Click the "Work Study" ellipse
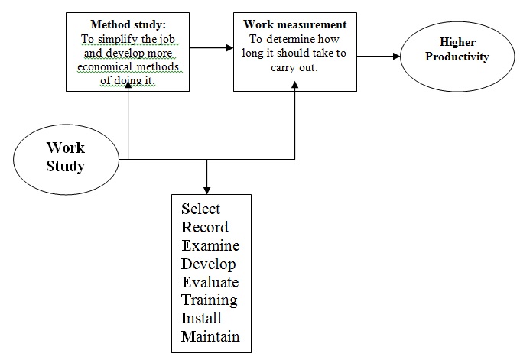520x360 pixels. tap(65, 156)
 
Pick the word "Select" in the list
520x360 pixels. tap(200, 209)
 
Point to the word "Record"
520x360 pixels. tap(204, 228)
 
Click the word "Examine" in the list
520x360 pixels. tap(210, 246)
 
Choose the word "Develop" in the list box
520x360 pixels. tap(208, 264)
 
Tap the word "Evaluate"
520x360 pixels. tap(210, 282)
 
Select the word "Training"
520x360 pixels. tap(209, 300)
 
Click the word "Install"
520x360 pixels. tap(201, 318)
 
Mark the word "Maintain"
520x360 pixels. tap(210, 336)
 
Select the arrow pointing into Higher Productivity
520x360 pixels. tap(379, 56)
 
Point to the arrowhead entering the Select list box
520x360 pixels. tap(206, 190)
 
